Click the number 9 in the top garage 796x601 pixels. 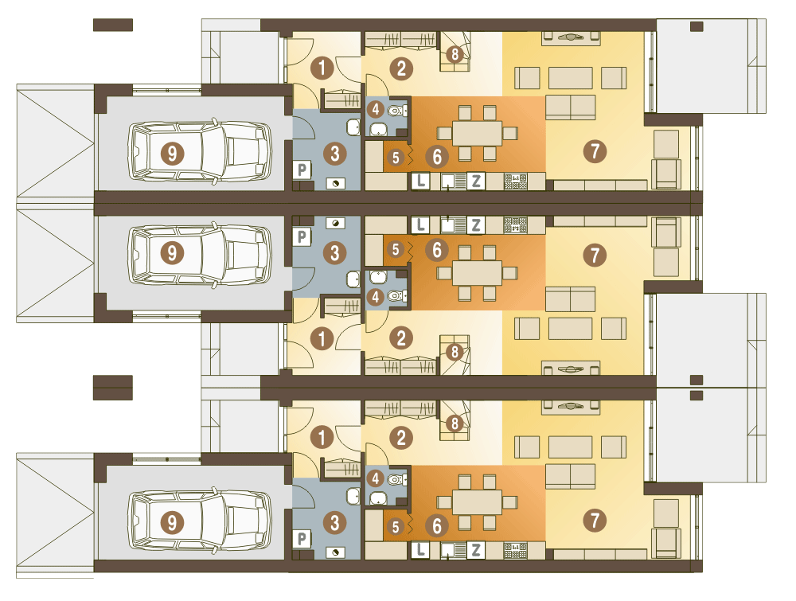click(172, 153)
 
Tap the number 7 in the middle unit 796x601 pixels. click(595, 255)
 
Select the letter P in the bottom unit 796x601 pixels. click(302, 539)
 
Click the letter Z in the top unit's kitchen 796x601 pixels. click(476, 181)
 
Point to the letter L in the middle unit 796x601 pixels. click(420, 224)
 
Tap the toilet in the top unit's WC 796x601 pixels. click(397, 110)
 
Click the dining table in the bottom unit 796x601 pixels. click(477, 502)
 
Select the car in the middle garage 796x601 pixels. click(200, 253)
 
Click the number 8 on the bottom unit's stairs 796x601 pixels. click(455, 423)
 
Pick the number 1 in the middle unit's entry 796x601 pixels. click(322, 338)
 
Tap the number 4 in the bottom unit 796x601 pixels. click(376, 478)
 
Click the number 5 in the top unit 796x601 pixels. click(396, 158)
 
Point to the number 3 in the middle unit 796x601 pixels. click(334, 253)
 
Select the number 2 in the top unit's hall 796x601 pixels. click(401, 68)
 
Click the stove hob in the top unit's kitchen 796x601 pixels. click(515, 181)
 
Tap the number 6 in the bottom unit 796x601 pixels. click(437, 526)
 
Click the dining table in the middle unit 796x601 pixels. click(477, 272)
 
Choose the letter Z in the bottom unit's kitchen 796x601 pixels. click(476, 550)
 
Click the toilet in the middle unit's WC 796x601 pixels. click(397, 295)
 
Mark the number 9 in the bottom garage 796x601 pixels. click(172, 522)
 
